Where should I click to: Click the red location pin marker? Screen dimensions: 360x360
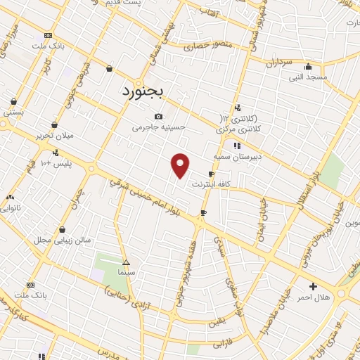point(181,165)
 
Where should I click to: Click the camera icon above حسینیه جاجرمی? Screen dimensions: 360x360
point(159,117)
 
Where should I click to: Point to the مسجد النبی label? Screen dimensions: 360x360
point(307,76)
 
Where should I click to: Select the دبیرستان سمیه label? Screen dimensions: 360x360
point(236,157)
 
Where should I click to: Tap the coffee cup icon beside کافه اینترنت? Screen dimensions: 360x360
point(211,174)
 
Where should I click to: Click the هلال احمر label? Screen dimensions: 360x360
point(314,298)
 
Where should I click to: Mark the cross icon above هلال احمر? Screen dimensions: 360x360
point(314,287)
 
